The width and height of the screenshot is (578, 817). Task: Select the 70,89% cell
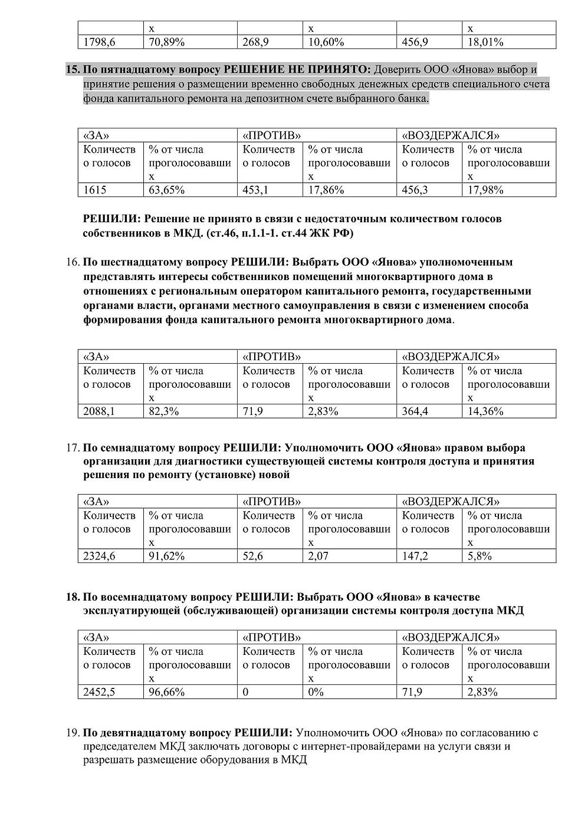click(x=167, y=42)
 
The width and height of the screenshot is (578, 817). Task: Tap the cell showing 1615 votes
click(x=95, y=190)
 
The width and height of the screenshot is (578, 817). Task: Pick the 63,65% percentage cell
click(x=167, y=190)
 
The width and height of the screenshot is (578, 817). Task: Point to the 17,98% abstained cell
click(x=485, y=190)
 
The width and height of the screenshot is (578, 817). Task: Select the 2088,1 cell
click(x=99, y=411)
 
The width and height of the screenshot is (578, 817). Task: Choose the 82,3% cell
click(x=164, y=411)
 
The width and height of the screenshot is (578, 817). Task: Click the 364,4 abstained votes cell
click(x=415, y=411)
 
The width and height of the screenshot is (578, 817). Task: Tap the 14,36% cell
click(x=485, y=411)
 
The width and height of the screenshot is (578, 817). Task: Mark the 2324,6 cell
click(x=99, y=556)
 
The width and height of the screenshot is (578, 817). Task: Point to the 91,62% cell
click(x=167, y=556)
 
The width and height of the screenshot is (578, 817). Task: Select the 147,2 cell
click(x=415, y=556)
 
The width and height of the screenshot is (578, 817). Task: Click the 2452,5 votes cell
click(x=99, y=692)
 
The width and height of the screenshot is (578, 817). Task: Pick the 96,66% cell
click(x=167, y=692)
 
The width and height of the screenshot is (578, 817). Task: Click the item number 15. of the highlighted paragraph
click(x=73, y=70)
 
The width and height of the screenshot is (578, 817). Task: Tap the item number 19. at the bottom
click(x=73, y=733)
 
